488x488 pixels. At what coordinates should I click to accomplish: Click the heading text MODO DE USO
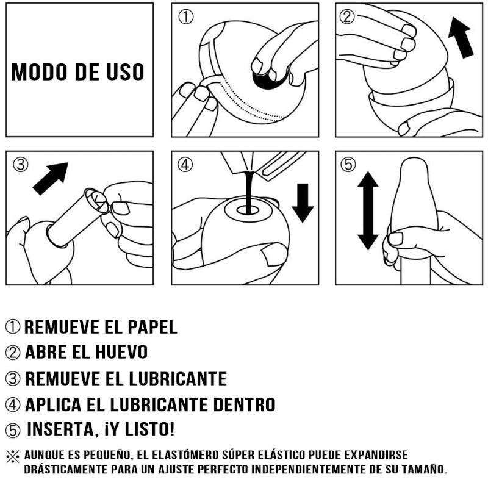pos(78,72)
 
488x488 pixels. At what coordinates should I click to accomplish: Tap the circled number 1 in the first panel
pos(186,17)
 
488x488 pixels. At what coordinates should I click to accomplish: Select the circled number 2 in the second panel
pos(347,16)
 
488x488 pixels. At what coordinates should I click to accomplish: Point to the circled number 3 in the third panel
pos(21,164)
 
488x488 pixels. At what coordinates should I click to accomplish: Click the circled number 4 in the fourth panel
pos(185,164)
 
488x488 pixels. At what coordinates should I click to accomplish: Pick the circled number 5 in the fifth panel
pos(348,164)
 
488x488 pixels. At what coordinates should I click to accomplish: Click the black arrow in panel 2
pos(461,37)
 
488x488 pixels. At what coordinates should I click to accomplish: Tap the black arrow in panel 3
pos(51,179)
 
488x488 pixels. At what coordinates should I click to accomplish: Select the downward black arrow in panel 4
pos(303,203)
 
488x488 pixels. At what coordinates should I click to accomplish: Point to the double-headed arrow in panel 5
pos(368,210)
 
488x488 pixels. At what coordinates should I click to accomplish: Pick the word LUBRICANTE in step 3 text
pos(178,379)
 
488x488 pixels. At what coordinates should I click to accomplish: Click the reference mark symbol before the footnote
pos(13,456)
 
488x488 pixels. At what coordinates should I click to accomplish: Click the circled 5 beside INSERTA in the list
pos(13,431)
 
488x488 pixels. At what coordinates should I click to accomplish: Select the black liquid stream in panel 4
pos(249,192)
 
